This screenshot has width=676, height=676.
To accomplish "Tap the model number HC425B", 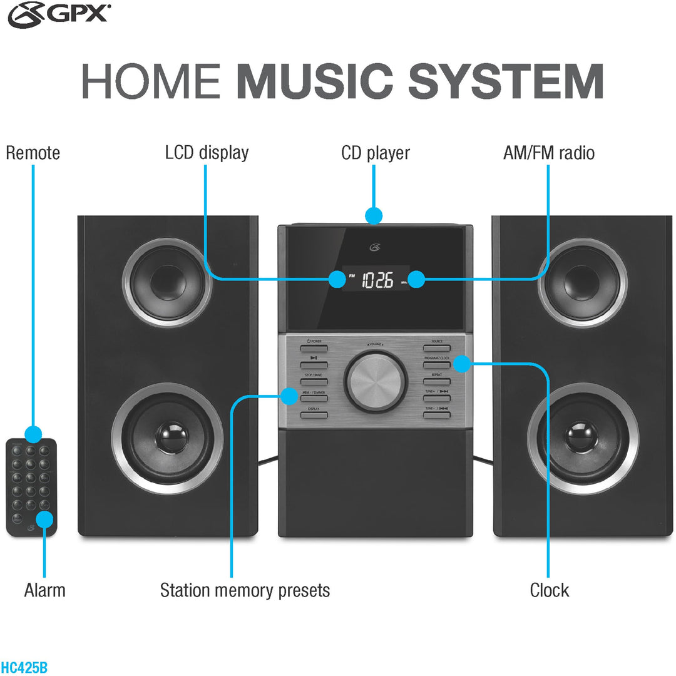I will (24, 667).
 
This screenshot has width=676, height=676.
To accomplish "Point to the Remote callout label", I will (33, 153).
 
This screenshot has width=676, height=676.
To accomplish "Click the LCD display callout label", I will (207, 153).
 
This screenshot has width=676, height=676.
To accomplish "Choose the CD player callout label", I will (375, 153).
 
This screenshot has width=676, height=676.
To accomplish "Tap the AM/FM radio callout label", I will (548, 153).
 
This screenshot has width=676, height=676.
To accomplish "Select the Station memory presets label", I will (245, 590).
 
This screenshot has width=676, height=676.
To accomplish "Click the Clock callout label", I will (549, 590).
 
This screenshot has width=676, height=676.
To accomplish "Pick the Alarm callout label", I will (44, 590).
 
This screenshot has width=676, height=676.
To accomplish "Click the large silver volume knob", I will (375, 381).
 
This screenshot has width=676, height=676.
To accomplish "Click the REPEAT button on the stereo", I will (436, 381).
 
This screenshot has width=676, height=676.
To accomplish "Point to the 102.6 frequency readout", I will (378, 280).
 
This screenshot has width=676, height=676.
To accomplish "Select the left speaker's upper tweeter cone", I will (166, 277).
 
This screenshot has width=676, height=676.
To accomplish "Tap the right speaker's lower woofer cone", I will (583, 438).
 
